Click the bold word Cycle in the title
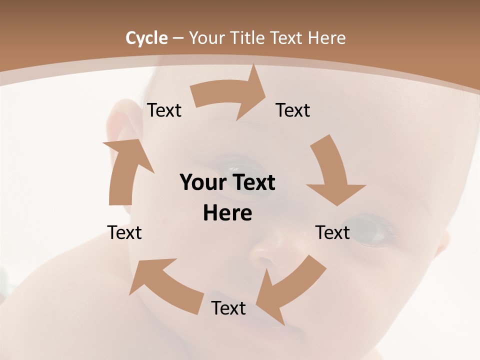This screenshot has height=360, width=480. [x=146, y=38]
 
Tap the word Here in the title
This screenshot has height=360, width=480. [x=327, y=38]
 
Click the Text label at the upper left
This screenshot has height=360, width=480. [x=164, y=110]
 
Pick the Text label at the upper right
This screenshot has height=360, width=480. [x=293, y=110]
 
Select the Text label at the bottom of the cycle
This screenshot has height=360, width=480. [x=228, y=308]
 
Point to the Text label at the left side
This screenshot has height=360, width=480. [x=124, y=232]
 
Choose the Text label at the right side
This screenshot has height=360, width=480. [x=332, y=232]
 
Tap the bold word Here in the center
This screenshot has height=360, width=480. [x=227, y=213]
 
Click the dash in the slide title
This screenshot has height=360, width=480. [x=178, y=38]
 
